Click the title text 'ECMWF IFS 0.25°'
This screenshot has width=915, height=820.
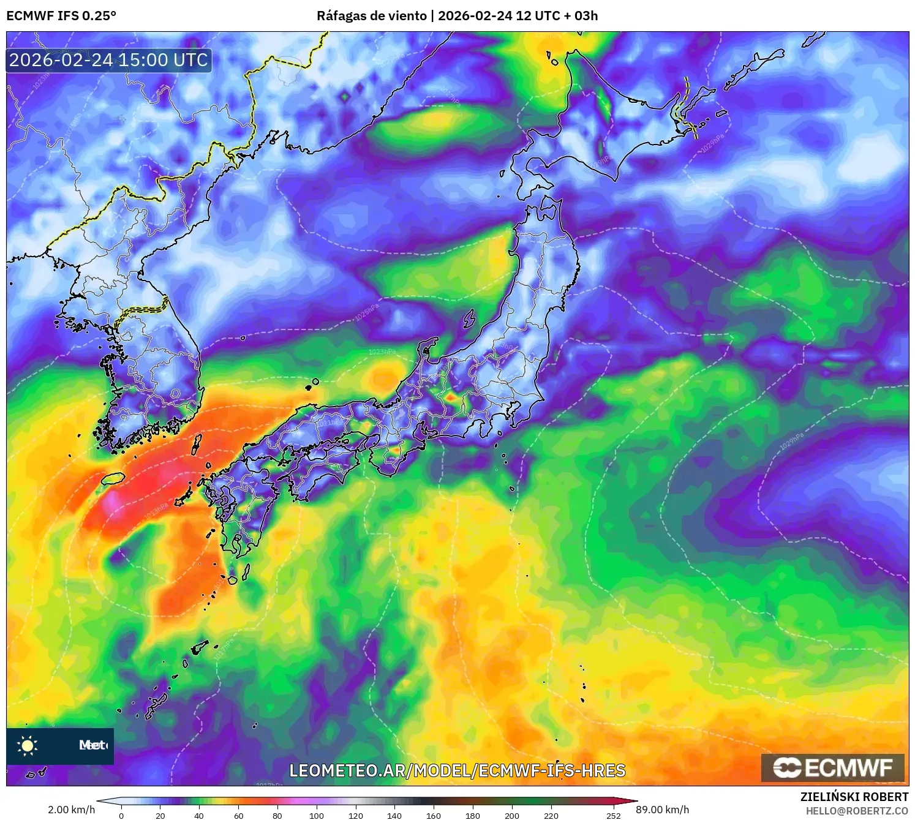click(61, 15)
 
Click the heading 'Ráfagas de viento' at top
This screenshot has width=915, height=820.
click(372, 15)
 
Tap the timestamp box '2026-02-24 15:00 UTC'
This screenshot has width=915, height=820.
click(109, 60)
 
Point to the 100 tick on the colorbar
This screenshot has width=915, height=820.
click(316, 814)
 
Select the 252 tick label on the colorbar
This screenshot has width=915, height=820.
click(613, 815)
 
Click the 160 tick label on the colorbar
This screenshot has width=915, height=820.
click(433, 815)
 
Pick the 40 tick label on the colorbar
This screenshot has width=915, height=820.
click(199, 815)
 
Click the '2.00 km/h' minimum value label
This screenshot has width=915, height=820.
click(72, 810)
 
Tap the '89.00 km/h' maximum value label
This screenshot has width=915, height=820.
click(662, 810)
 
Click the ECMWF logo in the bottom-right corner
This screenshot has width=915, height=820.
click(832, 768)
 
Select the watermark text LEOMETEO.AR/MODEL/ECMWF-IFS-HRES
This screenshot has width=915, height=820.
click(457, 770)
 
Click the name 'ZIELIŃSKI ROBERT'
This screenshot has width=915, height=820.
click(854, 797)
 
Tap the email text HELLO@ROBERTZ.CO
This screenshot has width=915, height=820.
click(857, 811)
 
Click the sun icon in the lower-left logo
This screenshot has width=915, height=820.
click(28, 745)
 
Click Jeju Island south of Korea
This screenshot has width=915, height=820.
click(113, 478)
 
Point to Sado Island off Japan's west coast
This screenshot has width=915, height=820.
click(469, 319)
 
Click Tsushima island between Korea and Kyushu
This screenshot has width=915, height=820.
click(197, 445)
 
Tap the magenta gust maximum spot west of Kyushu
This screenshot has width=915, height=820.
click(112, 502)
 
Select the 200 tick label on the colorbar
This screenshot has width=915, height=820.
click(511, 815)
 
